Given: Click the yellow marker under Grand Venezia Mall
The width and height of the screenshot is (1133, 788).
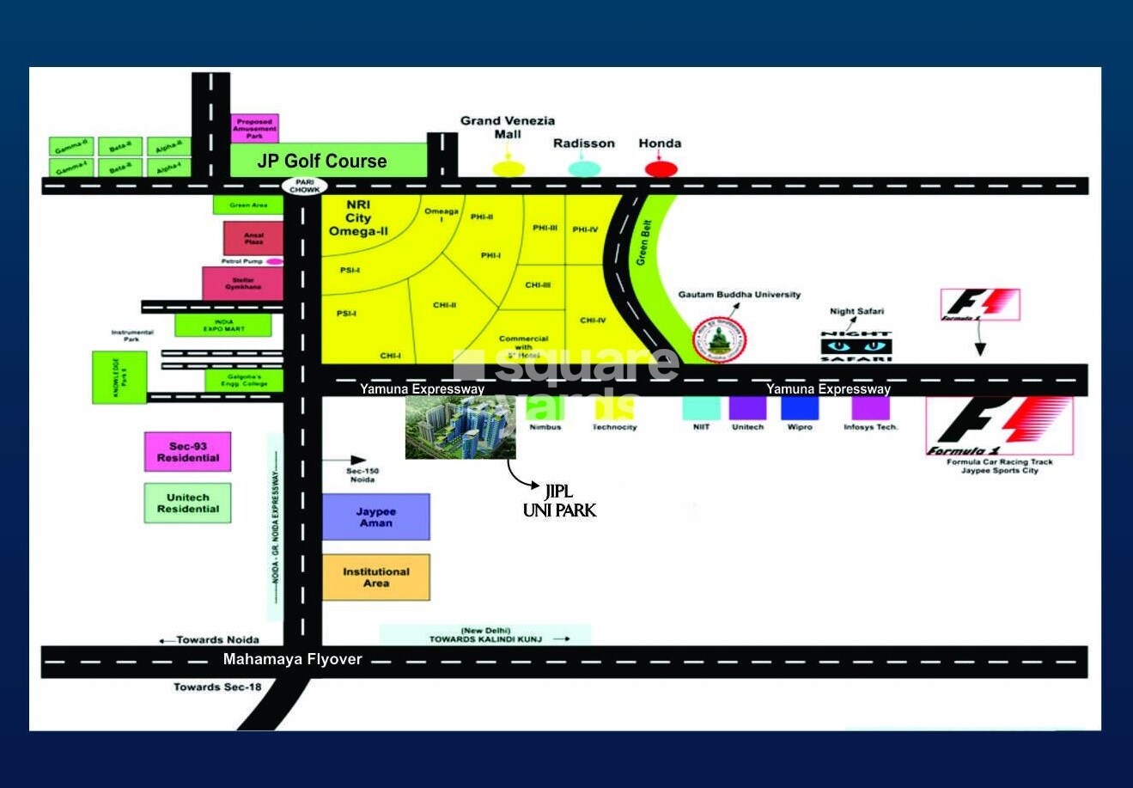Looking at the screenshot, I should (508, 168).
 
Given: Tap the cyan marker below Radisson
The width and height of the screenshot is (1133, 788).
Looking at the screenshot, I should (584, 168).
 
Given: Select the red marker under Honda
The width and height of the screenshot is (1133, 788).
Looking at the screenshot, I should (661, 168).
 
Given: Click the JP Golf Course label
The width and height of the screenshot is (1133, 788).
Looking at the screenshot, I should (322, 161).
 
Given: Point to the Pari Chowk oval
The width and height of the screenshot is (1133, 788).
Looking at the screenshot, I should (304, 186).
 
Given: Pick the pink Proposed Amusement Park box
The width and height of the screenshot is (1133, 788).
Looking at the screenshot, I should (255, 129).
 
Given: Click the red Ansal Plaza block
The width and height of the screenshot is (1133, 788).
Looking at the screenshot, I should (253, 238).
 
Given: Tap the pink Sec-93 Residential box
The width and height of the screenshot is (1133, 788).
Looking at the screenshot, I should (188, 452).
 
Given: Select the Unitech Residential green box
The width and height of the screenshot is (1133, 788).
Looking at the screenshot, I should (188, 503).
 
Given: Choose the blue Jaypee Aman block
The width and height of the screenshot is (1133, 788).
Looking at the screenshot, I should (375, 516).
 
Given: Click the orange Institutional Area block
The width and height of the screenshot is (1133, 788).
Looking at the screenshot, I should (375, 577).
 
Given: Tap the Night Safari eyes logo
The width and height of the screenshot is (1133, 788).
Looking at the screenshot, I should (856, 346).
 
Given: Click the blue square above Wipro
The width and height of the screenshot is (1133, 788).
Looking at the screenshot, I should (799, 407).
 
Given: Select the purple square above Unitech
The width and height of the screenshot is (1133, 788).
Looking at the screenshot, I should (747, 407).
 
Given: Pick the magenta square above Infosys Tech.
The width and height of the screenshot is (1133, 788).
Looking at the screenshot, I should (870, 407).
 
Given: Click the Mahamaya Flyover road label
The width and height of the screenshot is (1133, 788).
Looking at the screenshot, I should (292, 659).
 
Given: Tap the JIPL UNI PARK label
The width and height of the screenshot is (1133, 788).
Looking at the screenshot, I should (559, 501).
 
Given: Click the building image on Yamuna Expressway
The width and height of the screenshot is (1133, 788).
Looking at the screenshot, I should (460, 428).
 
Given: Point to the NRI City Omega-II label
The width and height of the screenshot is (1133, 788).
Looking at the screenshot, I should (358, 218).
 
